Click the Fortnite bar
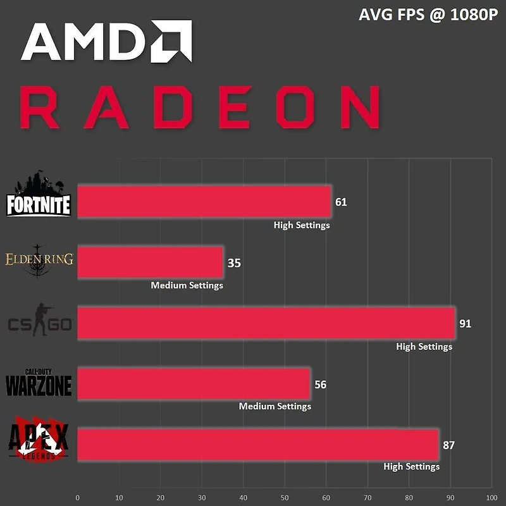[x=204, y=202]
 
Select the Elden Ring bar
[x=150, y=262]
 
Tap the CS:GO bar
[x=266, y=323]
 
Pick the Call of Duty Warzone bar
[x=194, y=384]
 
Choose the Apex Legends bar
[x=257, y=445]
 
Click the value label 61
[x=341, y=202]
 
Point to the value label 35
[x=234, y=263]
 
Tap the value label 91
[x=466, y=324]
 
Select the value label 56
[x=320, y=385]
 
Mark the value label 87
[x=448, y=445]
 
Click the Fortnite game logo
[x=39, y=195]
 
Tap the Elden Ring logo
[x=39, y=259]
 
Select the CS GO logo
[x=39, y=321]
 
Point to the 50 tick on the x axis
[x=285, y=497]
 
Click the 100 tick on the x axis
[x=491, y=497]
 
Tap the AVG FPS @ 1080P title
[x=428, y=15]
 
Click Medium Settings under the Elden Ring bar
[x=187, y=285]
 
